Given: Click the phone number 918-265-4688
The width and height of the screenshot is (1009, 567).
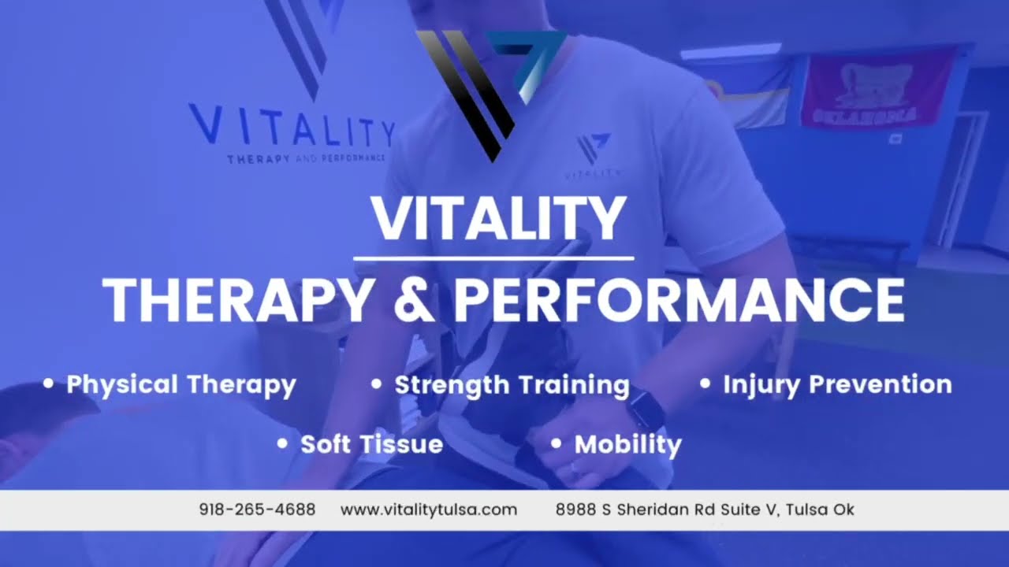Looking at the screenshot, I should tap(257, 510).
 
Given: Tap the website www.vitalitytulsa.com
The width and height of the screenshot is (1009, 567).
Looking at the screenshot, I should tap(429, 510).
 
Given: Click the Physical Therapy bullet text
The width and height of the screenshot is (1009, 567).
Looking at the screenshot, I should tap(181, 385).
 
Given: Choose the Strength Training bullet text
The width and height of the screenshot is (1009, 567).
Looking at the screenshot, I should tap(512, 385).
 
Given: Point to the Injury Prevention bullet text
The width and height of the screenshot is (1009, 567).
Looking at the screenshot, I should tap(837, 385).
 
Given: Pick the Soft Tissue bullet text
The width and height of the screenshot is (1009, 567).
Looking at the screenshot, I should tap(371, 444).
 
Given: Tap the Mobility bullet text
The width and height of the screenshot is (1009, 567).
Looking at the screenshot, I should tap(627, 444).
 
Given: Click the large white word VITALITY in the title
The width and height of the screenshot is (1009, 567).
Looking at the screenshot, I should tap(498, 220).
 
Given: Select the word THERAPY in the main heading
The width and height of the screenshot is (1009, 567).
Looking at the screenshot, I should tap(236, 300).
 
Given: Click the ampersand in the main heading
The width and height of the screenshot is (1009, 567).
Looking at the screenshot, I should tap(412, 300).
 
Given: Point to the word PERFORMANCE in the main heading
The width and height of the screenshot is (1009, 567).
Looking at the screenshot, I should tap(679, 300).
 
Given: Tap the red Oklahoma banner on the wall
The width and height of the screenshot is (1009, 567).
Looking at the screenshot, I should tap(877, 88).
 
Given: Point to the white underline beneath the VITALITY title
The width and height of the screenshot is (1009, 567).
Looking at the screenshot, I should tap(493, 258).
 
